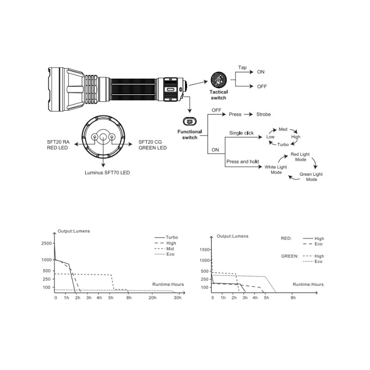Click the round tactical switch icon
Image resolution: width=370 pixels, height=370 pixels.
[218, 80]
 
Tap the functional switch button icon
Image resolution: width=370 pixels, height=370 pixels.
[190, 122]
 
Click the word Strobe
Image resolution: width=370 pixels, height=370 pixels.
[263, 114]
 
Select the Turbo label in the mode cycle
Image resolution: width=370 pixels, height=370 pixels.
[283, 144]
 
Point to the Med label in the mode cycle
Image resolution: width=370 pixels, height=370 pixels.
[283, 129]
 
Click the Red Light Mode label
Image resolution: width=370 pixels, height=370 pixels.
[300, 157]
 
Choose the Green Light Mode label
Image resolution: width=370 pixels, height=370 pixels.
[311, 177]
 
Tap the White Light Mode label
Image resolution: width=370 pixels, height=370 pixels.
[276, 170]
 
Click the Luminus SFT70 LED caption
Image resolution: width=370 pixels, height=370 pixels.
[107, 173]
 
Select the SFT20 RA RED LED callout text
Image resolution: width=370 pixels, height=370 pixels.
[58, 145]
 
